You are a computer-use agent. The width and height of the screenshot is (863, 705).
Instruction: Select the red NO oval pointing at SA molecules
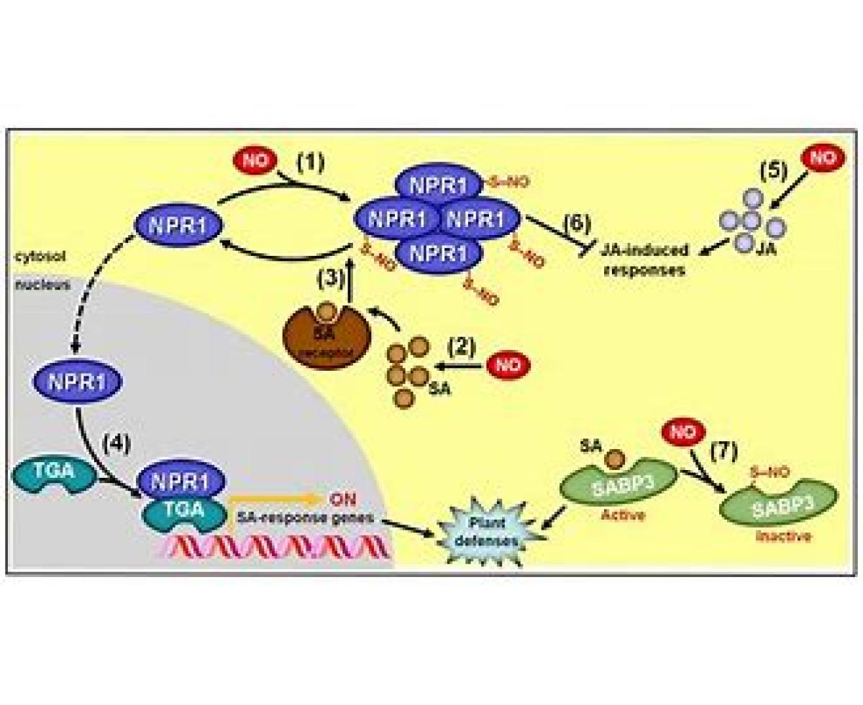pyautogui.click(x=508, y=365)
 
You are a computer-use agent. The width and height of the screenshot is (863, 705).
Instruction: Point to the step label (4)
pyautogui.click(x=117, y=444)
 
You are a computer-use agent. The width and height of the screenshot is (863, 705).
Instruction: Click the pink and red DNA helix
pyautogui.click(x=273, y=548)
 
